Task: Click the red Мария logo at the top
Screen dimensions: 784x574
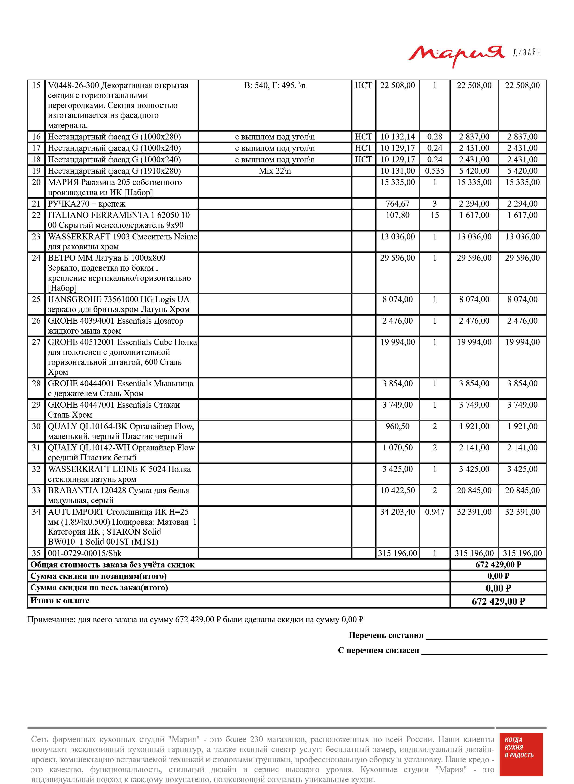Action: point(456,55)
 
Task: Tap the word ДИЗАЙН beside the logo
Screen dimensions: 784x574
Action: point(527,53)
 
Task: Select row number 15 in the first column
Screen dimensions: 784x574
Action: point(36,85)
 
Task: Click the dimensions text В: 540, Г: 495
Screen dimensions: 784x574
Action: point(275,85)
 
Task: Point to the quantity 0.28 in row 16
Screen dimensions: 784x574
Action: point(434,137)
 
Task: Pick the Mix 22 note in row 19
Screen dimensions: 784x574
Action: point(275,171)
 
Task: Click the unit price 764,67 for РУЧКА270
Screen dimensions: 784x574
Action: point(397,204)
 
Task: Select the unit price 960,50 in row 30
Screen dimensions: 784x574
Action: point(397,426)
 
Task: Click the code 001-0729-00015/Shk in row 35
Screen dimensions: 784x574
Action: point(85,553)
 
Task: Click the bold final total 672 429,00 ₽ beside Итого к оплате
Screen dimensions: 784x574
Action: point(498,601)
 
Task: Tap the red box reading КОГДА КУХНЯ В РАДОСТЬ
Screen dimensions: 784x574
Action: point(521,759)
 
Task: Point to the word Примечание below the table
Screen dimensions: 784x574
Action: point(51,620)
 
